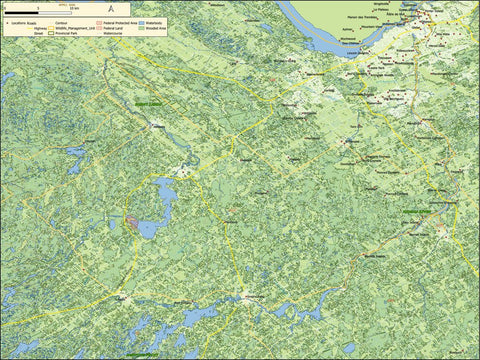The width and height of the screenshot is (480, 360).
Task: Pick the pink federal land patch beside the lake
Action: [x=132, y=220]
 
